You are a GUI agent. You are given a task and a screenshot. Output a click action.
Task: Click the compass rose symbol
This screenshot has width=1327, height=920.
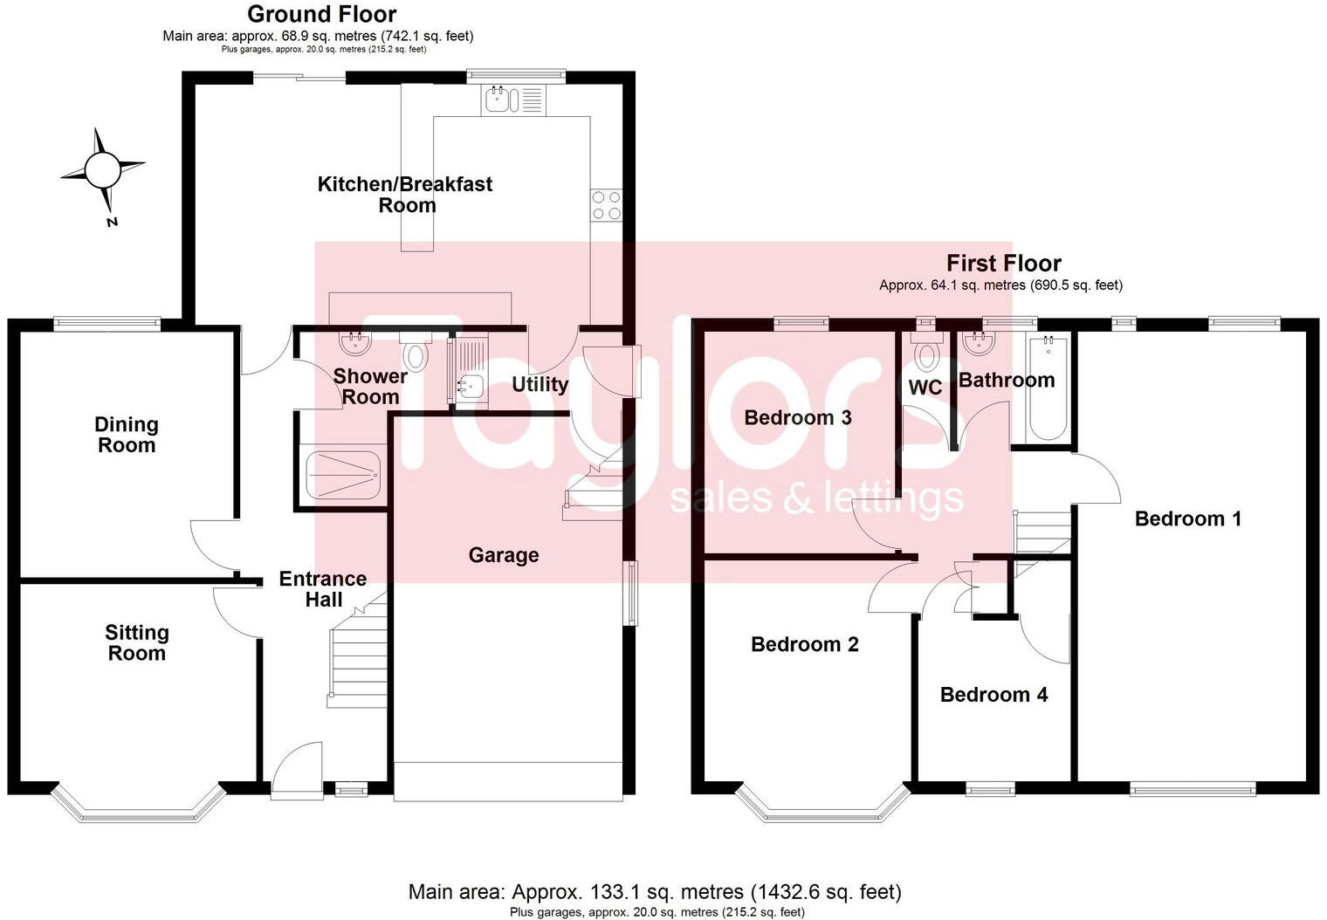click(102, 168)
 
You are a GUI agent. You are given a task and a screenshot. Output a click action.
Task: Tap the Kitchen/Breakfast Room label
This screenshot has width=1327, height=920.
click(405, 195)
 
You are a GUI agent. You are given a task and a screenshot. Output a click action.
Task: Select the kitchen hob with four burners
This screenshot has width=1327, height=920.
click(606, 205)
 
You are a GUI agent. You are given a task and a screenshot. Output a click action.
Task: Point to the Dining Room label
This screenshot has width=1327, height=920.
click(127, 435)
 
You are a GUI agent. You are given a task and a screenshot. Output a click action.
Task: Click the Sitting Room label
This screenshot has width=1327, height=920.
click(136, 643)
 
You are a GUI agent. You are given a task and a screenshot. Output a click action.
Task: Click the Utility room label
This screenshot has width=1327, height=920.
click(540, 384)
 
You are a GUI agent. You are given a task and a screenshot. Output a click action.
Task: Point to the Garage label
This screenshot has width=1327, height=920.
click(503, 555)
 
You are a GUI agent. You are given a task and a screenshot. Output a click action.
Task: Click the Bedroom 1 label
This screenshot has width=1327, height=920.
click(1187, 518)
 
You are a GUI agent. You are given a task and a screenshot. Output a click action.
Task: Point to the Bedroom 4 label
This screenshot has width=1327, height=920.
click(994, 695)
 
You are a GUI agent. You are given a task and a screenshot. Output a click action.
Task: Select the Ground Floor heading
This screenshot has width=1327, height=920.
click(321, 14)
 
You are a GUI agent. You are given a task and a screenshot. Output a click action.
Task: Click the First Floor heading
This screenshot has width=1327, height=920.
click(1003, 263)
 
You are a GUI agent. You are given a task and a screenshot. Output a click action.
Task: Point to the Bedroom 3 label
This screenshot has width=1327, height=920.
click(797, 417)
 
